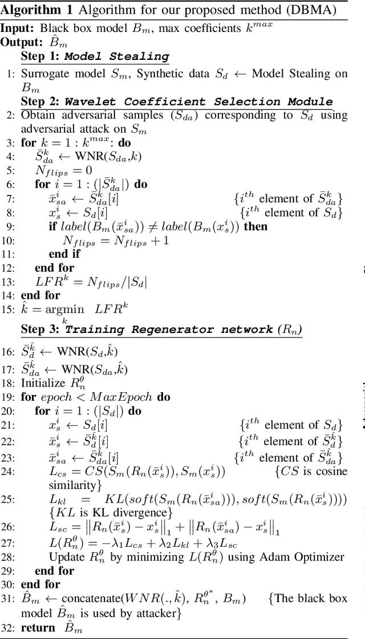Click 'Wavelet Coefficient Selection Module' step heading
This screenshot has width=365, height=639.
(x=198, y=101)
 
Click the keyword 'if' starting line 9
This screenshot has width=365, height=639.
(x=52, y=226)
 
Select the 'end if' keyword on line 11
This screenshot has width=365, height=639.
(x=64, y=254)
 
